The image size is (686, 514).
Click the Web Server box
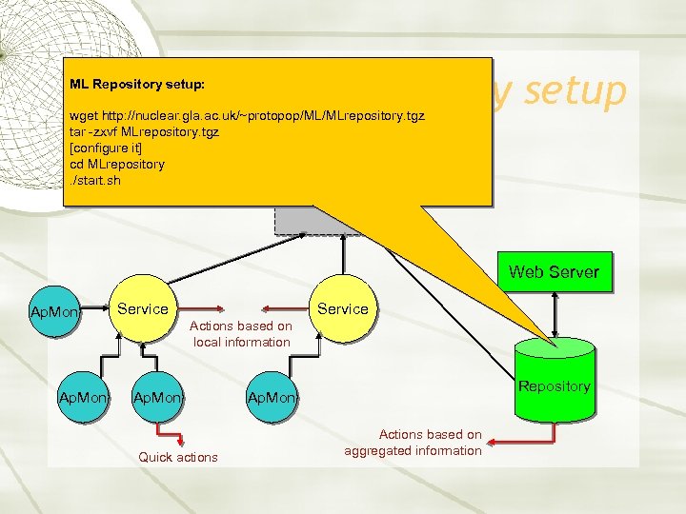coord(554,272)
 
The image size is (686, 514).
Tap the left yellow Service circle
coord(142,309)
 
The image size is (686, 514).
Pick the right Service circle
coord(342,309)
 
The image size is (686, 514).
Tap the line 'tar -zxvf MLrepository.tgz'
coord(144,132)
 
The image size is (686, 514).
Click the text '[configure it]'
coord(106,148)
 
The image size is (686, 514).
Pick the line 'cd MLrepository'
coord(116,164)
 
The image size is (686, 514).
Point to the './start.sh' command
coord(95,180)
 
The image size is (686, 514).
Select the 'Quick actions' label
coord(178,457)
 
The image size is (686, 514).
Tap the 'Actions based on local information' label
coord(241,334)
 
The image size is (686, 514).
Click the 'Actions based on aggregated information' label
coord(414,443)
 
